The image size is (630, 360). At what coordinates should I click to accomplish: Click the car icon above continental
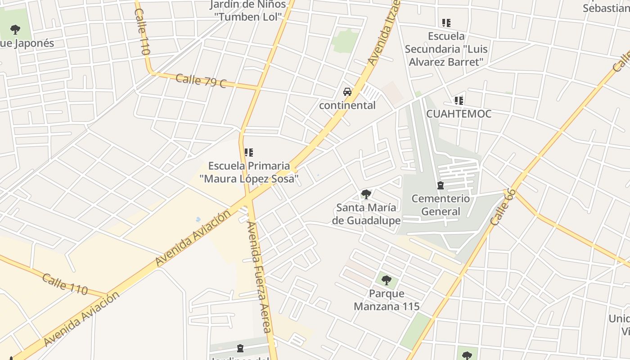point(347,92)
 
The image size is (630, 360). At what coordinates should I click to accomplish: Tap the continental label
point(347,105)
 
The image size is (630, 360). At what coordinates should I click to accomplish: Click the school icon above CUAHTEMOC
point(459,100)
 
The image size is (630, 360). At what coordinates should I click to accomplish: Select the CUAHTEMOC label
point(459,114)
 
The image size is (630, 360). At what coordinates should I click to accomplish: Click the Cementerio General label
point(441,205)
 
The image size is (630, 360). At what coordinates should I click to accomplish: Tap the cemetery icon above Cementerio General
point(441,185)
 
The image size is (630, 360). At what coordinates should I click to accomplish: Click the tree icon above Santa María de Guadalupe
point(366,194)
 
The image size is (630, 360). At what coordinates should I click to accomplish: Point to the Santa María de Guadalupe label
point(366,214)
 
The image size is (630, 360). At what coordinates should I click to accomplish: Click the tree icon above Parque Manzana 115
point(386,280)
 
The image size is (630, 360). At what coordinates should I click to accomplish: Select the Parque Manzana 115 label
point(386,300)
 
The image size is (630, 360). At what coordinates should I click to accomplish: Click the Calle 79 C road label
point(201,81)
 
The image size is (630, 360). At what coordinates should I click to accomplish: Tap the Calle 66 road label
point(503,207)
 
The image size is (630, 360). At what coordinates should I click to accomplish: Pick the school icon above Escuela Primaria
point(249,153)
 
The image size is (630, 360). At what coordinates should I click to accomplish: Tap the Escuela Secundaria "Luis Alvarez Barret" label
point(446,49)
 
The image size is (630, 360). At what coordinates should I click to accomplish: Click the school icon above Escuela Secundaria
point(446,22)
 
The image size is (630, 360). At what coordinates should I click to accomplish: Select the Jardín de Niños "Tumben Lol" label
point(248,11)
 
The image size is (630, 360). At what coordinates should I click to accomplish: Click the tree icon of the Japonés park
point(15,30)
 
